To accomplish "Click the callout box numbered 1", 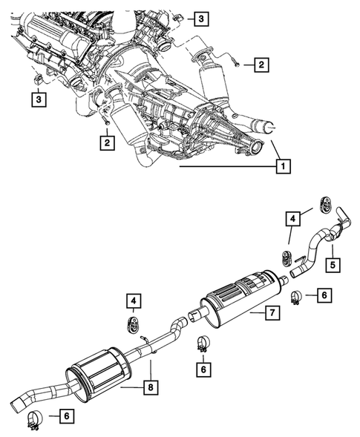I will (282, 168).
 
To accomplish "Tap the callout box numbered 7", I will (273, 314).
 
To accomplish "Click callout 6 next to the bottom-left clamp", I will (66, 418).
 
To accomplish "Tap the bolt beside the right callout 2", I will (235, 65).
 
